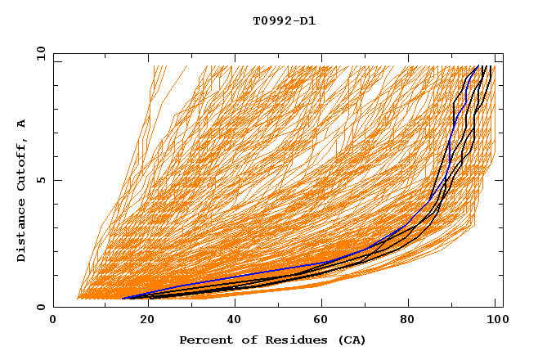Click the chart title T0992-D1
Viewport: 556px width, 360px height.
pyautogui.click(x=284, y=21)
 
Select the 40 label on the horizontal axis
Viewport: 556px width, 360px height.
pyautogui.click(x=235, y=321)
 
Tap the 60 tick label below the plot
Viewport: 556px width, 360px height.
pyautogui.click(x=323, y=321)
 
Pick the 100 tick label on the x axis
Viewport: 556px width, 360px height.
pyautogui.click(x=496, y=321)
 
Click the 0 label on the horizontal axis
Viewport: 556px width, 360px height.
pyautogui.click(x=54, y=321)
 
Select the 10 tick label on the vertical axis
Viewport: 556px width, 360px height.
pyautogui.click(x=39, y=53)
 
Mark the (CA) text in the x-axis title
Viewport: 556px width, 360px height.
pyautogui.click(x=350, y=340)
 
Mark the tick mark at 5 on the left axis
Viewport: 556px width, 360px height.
pyautogui.click(x=56, y=180)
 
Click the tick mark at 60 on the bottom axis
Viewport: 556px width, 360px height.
pyautogui.click(x=323, y=304)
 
